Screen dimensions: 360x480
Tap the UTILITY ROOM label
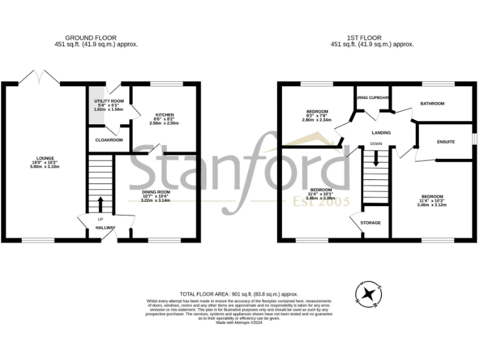pyautogui.click(x=109, y=101)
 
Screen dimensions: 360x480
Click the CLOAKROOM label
pyautogui.click(x=108, y=140)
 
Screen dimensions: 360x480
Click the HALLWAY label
pyautogui.click(x=105, y=228)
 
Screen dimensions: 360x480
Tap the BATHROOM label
pyautogui.click(x=432, y=104)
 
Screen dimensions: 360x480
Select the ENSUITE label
pyautogui.click(x=446, y=142)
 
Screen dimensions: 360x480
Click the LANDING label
pyautogui.click(x=381, y=132)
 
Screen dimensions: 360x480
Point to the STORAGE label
pyautogui.click(x=371, y=222)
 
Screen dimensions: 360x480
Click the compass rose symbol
pyautogui.click(x=367, y=295)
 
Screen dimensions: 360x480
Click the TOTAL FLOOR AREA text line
pyautogui.click(x=239, y=294)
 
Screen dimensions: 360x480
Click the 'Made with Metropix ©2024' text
pyautogui.click(x=240, y=322)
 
